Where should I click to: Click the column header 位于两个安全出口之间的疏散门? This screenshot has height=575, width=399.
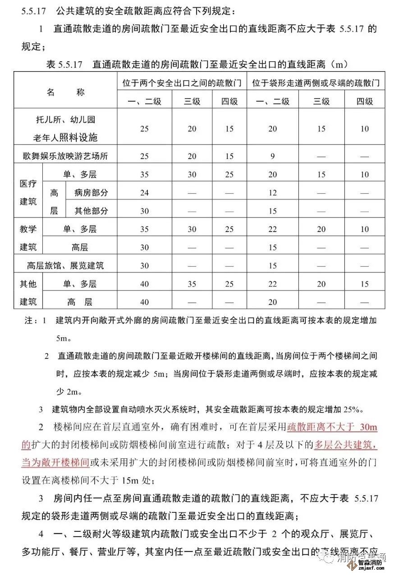pos(182,83)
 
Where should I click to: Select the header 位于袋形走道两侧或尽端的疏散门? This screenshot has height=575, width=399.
pos(316,83)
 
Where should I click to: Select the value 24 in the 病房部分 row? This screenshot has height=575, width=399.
pos(144,193)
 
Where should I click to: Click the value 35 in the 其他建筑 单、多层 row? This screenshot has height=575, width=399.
pos(192,284)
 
